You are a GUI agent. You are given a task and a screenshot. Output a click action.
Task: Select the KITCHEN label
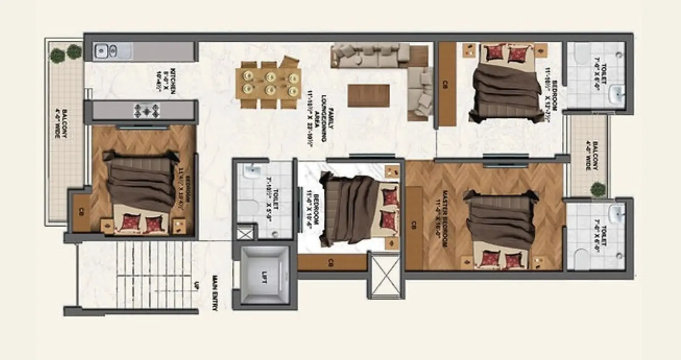coord(167,80)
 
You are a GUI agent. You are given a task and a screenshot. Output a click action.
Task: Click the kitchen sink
coord(106,51)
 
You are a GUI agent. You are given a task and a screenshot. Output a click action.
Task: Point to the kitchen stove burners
coord(147,111)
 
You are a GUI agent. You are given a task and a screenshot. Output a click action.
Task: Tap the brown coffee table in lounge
coord(369,95)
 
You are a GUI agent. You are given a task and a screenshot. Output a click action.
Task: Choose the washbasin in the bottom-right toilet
coord(616,213)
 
